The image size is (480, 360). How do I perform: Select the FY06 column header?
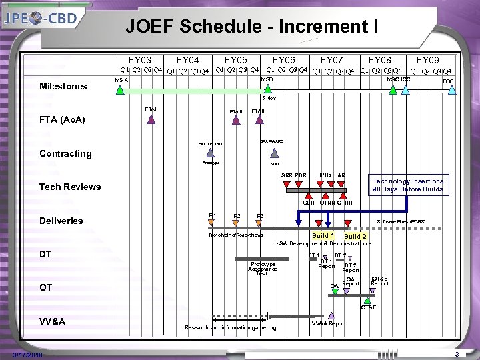[283, 60]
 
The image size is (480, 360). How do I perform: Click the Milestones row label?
[63, 86]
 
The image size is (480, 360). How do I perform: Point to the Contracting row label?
[65, 153]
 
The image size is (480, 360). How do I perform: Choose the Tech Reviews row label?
[70, 187]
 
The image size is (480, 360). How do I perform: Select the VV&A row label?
[53, 321]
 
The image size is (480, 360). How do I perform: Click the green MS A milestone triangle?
[120, 90]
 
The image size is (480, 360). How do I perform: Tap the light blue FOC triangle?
[452, 90]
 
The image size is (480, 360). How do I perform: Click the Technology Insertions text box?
[407, 185]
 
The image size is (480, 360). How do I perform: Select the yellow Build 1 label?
[323, 236]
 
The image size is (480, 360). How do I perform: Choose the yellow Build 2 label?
[355, 237]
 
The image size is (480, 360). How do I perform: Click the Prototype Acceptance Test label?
[262, 269]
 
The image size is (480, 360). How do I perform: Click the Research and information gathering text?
[231, 327]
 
